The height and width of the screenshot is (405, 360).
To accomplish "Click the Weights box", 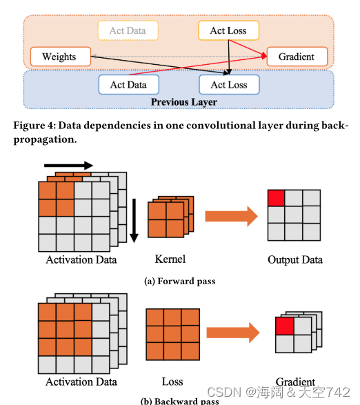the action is (61, 57).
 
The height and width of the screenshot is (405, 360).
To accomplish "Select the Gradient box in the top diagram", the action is (297, 57).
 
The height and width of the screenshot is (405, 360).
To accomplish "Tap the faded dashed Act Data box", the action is (128, 30).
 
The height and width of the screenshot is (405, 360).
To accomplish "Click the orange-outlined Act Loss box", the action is (228, 30).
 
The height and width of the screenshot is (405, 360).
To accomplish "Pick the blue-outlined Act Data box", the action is (128, 84).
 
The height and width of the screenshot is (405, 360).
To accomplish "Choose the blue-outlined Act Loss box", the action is (229, 84).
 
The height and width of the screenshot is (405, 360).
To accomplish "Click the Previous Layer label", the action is (184, 102).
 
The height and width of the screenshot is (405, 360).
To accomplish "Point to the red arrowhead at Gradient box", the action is (264, 55).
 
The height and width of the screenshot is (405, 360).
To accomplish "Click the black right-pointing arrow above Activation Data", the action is (68, 166).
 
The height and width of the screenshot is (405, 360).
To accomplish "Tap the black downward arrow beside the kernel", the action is (134, 221).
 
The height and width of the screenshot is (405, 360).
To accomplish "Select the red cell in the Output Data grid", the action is (276, 198).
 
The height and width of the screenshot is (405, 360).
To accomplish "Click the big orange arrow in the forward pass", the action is (232, 216).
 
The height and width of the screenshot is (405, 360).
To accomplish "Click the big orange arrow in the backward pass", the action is (233, 333).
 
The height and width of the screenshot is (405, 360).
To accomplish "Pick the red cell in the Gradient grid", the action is (285, 326).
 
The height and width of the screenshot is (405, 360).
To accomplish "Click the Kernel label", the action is (170, 259).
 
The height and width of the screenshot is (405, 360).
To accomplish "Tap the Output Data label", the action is (295, 260).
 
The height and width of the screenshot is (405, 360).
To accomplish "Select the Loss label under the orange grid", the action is (172, 382).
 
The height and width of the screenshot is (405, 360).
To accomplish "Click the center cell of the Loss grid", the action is (173, 334).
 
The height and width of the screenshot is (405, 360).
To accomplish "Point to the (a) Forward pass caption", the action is (180, 281).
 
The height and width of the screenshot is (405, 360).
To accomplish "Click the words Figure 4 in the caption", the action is (34, 126).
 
